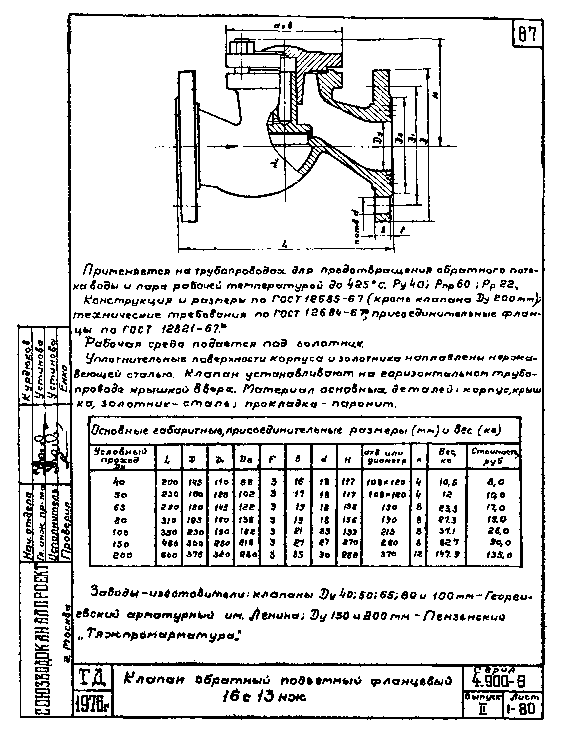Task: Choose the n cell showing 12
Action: (x=418, y=555)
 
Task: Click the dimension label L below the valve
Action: (x=285, y=245)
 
